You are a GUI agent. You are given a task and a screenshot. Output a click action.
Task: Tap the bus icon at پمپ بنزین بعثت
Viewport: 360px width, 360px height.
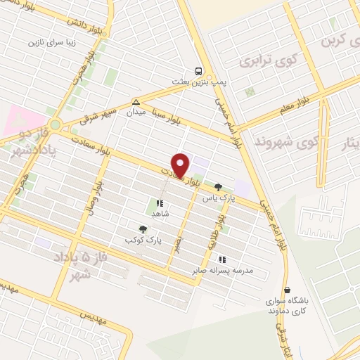tap(199, 71)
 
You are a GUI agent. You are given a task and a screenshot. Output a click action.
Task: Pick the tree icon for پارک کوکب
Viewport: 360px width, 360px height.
tap(143, 229)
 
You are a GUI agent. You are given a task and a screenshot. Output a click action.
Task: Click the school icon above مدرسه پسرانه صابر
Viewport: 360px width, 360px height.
tap(222, 259)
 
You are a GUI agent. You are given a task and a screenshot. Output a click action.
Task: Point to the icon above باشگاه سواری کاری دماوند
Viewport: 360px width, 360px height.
tap(286, 290)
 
